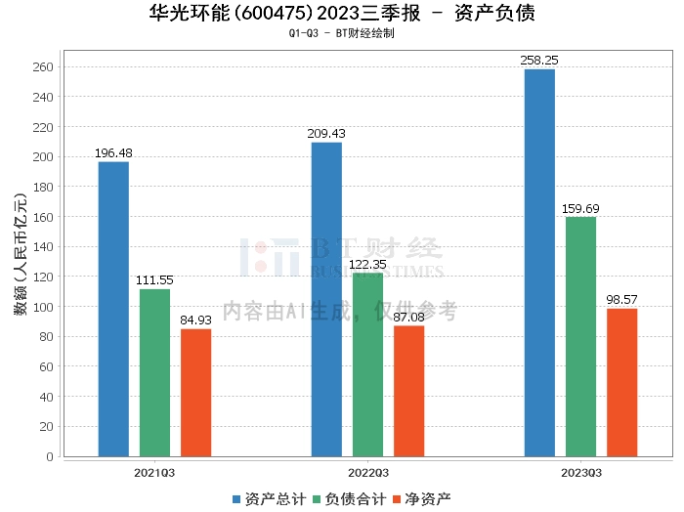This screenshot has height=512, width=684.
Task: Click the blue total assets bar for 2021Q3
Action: pos(113,309)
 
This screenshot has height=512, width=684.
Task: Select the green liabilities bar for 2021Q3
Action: pos(154,372)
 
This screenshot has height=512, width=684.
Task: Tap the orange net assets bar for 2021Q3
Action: pos(195,393)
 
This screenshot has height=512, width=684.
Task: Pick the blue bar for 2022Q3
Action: pos(326,299)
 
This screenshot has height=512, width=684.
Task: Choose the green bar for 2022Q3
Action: pos(367,364)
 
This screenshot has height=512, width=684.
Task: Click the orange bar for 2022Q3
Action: pos(408,391)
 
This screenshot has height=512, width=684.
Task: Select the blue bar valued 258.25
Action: pos(539,263)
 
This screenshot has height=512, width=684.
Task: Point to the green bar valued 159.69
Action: pos(580,336)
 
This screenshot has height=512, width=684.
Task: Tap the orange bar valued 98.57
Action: pos(621,382)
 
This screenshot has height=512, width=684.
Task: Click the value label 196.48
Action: pos(113,153)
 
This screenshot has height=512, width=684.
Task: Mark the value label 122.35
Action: pos(367,264)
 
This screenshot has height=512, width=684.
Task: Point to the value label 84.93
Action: pos(195,320)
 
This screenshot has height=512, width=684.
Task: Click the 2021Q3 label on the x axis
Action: pos(154,472)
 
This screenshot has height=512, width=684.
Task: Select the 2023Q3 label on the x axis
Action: pos(580,472)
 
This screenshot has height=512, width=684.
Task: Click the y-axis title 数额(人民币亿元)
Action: pos(20,262)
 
